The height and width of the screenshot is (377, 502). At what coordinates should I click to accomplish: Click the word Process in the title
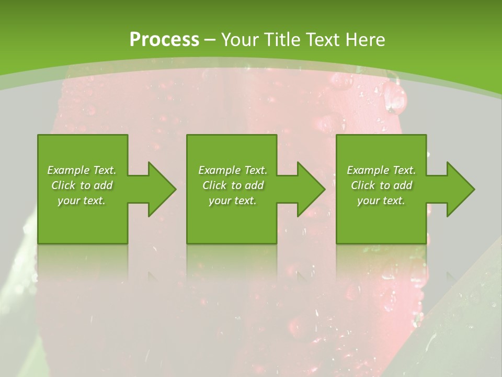click(164, 40)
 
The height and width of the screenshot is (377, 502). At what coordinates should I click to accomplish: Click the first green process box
click(83, 152)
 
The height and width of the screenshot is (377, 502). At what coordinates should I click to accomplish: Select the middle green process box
click(232, 152)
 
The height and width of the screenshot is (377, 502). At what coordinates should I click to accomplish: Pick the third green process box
click(381, 152)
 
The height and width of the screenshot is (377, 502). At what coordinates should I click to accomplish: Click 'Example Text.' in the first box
click(82, 170)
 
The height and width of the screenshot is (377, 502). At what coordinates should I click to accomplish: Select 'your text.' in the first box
click(82, 201)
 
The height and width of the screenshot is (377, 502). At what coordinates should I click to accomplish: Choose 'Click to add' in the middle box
click(233, 185)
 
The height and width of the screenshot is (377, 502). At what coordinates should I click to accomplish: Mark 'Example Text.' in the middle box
click(233, 170)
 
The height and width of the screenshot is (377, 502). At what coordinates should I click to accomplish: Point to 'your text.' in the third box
click(381, 201)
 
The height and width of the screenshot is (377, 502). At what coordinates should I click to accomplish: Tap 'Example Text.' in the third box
click(381, 170)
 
